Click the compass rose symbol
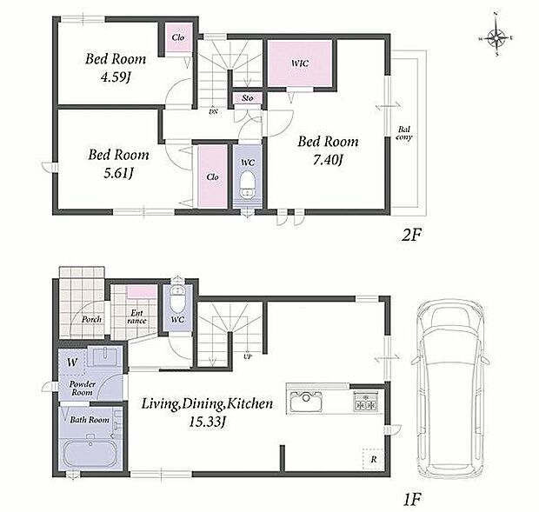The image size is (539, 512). coord(496,37)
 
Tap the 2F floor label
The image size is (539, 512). coord(411,236)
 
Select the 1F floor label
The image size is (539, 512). coord(411,500)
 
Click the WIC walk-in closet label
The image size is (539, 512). coord(300,63)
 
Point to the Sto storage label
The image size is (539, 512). coord(248,98)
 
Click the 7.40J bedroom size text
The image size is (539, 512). coord(328,160)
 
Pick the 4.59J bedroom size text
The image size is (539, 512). coord(116,77)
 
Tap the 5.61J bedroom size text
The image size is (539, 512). coord(118,173)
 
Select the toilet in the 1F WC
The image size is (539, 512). coord(177,297)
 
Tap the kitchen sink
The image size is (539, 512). coord(307,401)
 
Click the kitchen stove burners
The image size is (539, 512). coord(365,401)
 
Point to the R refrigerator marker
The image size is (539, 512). coord(373,459)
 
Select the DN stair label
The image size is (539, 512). coord(213,111)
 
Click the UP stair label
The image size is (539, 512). coord(248,356)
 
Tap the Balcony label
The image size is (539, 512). coord(404,133)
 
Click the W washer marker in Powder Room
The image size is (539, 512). coord(72,362)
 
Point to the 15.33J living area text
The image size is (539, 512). coord(207,422)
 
